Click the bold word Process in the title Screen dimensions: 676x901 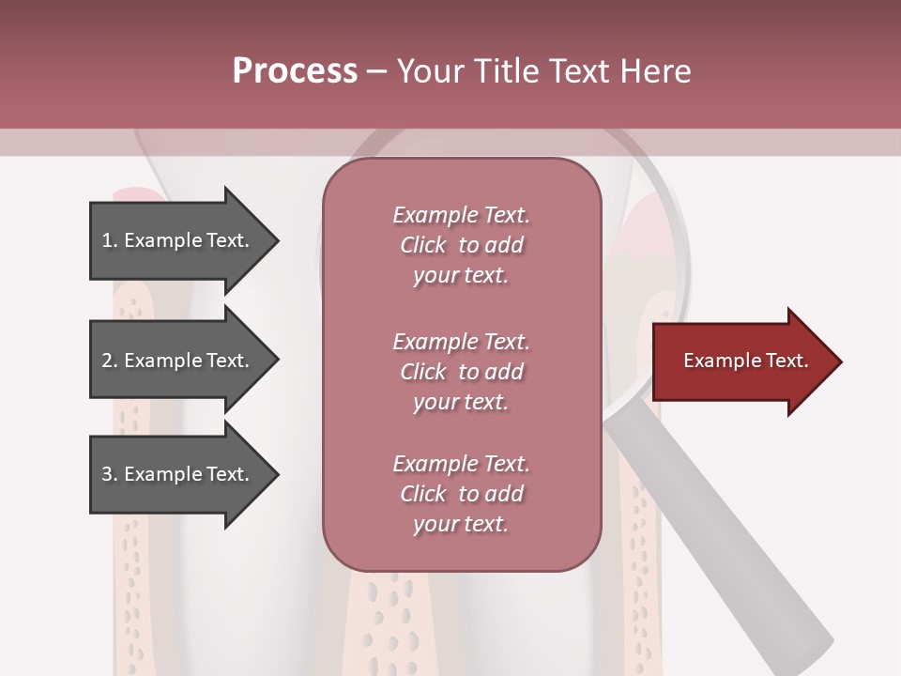[295, 71]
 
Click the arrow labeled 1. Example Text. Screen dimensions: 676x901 [178, 240]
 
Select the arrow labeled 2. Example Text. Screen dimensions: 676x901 [178, 361]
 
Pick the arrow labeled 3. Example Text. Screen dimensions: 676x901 [178, 474]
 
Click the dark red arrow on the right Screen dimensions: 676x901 [741, 361]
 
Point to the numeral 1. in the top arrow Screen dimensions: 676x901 [110, 240]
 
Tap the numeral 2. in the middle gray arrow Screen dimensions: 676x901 [110, 361]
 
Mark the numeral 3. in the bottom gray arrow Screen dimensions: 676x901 [110, 474]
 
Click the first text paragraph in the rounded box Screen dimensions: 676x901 [461, 245]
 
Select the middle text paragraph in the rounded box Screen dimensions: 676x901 [461, 371]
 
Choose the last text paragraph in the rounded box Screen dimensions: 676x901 [461, 494]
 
